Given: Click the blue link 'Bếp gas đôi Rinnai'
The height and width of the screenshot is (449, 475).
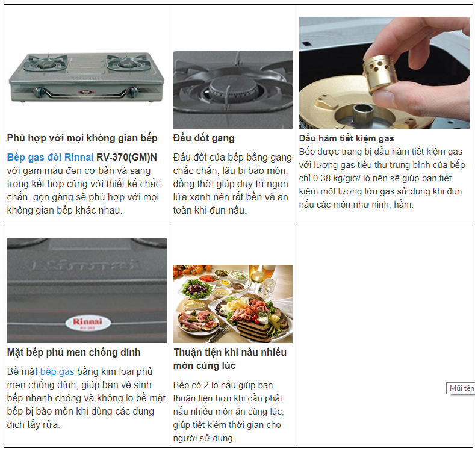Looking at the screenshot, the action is (50, 158).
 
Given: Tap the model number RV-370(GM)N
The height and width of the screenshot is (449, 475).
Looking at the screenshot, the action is (126, 158).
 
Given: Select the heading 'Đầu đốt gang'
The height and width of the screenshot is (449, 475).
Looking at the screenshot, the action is (203, 138).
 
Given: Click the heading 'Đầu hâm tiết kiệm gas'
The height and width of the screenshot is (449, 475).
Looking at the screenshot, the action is (346, 138).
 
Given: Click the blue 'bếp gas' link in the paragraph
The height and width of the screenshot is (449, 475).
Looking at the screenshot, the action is (57, 371).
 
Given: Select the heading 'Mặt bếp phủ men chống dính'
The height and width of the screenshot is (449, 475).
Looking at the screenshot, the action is (73, 353).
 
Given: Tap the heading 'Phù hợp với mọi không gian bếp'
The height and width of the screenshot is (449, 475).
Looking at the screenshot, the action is (82, 138).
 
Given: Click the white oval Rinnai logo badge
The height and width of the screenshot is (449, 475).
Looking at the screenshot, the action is (88, 323).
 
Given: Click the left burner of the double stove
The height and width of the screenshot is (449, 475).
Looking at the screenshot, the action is (45, 63).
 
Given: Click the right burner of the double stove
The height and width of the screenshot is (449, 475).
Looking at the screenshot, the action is (128, 63).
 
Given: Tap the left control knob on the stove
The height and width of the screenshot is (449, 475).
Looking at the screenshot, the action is (39, 91).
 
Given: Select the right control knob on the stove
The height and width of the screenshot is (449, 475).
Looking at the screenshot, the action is (132, 91).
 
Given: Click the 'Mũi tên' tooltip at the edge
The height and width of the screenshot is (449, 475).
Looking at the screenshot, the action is (461, 388).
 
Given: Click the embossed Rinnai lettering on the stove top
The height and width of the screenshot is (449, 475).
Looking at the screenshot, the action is (86, 265).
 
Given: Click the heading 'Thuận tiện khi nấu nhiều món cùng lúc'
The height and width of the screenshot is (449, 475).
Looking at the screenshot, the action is (230, 359).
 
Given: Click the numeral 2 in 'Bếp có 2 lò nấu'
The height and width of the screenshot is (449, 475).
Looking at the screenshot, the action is (206, 385).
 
